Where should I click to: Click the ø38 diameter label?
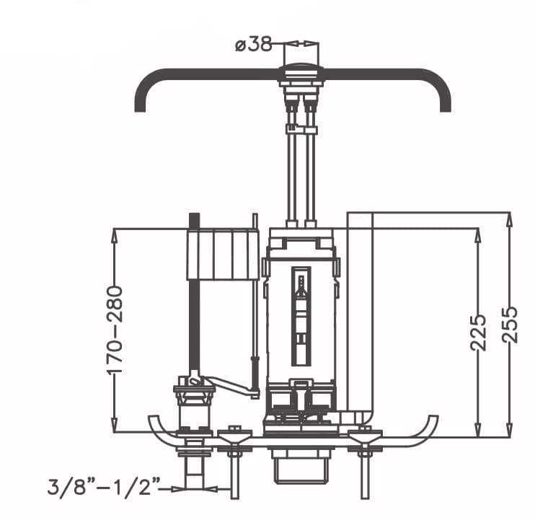[x=254, y=45]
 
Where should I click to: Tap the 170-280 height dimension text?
[x=115, y=330]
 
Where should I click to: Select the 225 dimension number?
[x=478, y=332]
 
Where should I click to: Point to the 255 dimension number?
[x=510, y=325]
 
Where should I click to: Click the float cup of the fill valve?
[x=222, y=255]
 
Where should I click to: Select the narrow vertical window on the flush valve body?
[x=301, y=317]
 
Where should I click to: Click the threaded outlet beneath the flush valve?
[x=301, y=466]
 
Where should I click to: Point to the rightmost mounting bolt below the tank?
[x=365, y=462]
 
